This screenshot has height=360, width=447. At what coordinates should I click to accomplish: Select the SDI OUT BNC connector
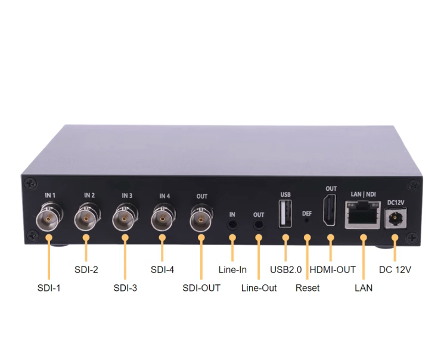click(x=201, y=218)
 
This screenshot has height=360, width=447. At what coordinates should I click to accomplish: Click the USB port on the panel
click(x=285, y=214)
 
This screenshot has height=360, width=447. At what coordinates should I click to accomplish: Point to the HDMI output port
click(x=329, y=210)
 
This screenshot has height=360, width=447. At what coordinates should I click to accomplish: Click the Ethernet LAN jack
click(x=362, y=215)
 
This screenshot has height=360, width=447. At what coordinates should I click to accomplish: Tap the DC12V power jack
click(x=395, y=218)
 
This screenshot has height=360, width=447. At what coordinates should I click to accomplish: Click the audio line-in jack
click(x=232, y=225)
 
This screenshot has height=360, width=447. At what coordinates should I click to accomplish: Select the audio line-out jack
click(x=259, y=225)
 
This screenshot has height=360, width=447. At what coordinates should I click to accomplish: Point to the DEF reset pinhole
click(x=307, y=221)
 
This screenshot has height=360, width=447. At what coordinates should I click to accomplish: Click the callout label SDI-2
click(x=86, y=269)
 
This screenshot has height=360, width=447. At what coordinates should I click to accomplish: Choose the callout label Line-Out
click(x=259, y=288)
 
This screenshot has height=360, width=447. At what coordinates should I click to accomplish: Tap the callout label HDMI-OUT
click(x=333, y=269)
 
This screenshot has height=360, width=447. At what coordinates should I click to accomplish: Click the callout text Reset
click(x=308, y=288)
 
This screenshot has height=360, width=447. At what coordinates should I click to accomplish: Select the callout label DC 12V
click(x=395, y=269)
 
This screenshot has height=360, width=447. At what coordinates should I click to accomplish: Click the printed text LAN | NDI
click(x=363, y=194)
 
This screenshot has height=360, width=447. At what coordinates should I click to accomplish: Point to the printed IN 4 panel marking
click(x=164, y=196)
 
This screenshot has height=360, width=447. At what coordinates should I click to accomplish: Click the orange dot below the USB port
click(x=285, y=237)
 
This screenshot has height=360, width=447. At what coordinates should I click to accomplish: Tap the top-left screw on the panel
click(x=30, y=183)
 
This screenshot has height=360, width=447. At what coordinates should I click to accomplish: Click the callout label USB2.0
click(x=285, y=269)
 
